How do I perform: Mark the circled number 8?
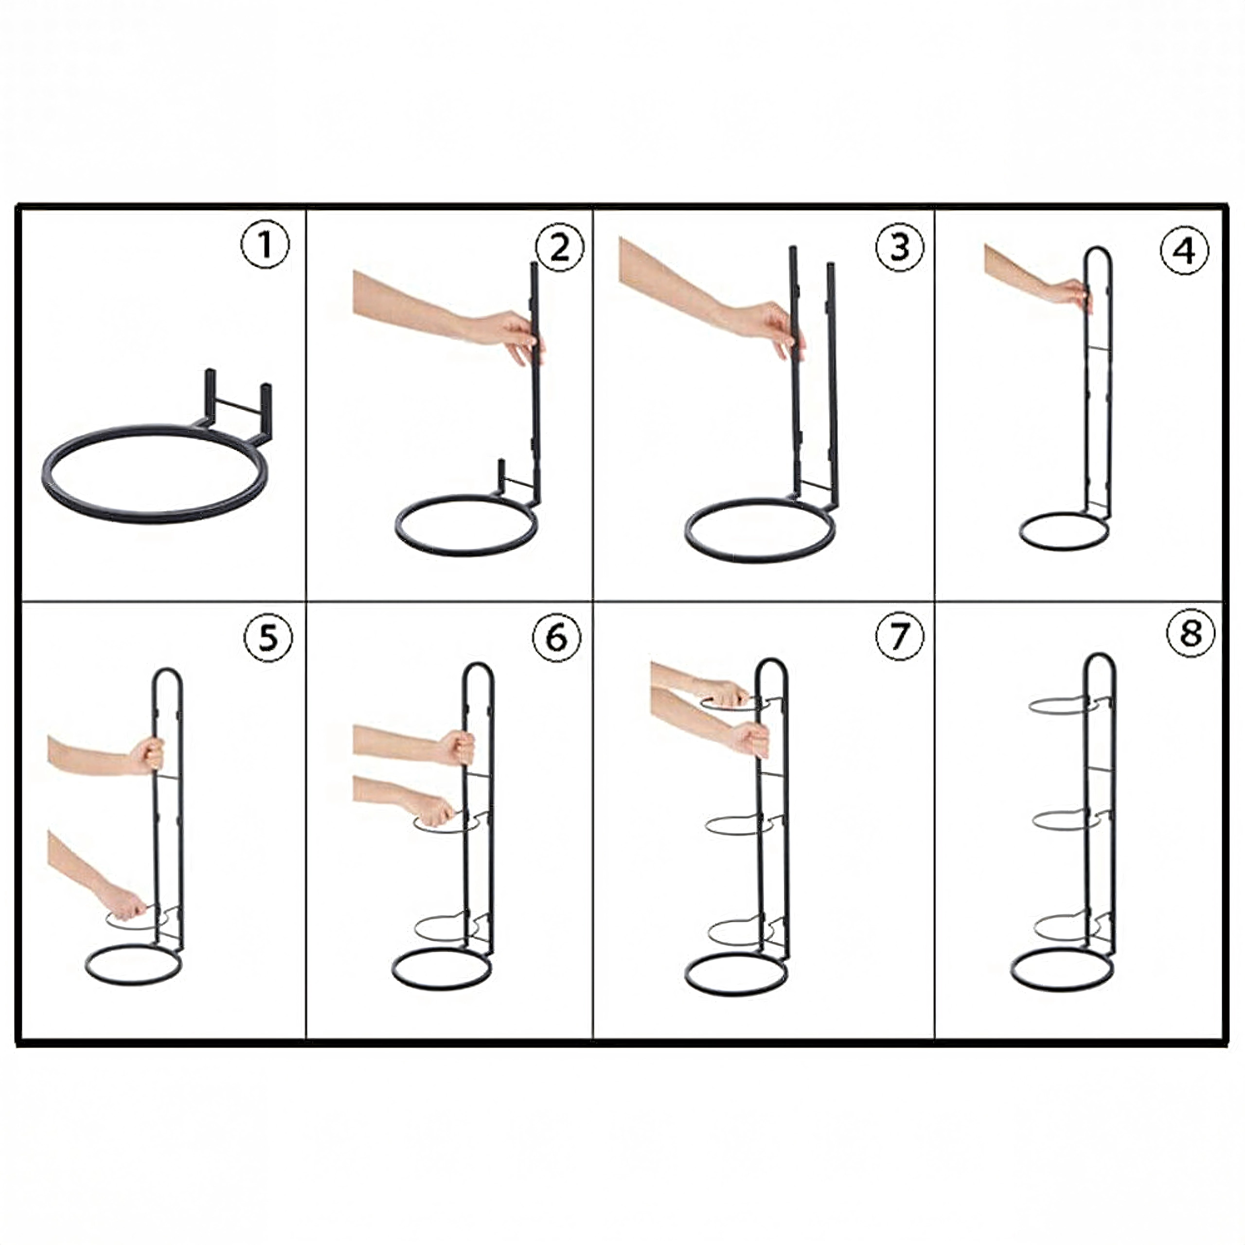[x=1191, y=633]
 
